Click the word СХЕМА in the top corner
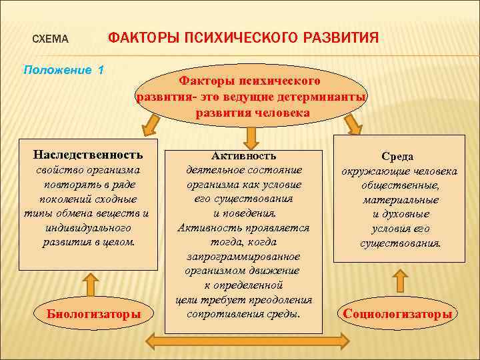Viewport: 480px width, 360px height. click(51, 39)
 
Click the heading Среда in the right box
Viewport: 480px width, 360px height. click(397, 156)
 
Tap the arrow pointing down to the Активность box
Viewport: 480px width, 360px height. click(251, 137)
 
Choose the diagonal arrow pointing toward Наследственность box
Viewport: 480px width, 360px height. click(150, 125)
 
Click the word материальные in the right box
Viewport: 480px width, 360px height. click(400, 199)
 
